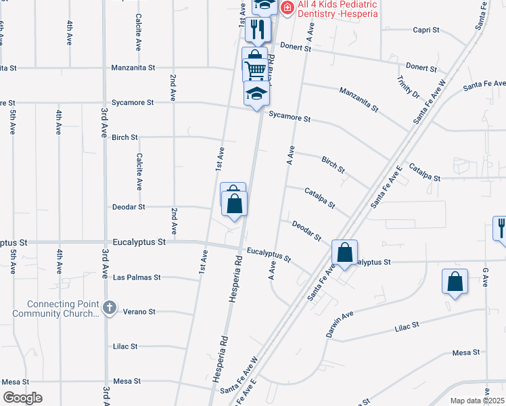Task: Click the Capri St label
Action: pos(426,30)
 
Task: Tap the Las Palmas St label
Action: pos(137,277)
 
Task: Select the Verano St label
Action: pos(139,312)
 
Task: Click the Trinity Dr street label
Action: pos(409,87)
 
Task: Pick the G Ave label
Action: pos(485,277)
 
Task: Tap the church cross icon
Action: pos(110,309)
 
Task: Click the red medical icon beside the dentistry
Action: pos(287,7)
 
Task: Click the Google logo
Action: pos(22,398)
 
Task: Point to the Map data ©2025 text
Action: pos(478,401)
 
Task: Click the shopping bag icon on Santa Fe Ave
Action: pos(344,253)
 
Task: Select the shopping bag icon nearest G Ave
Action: pos(455,281)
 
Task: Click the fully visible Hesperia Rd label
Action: pos(231,277)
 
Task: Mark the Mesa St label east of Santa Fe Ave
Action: pos(465,353)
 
